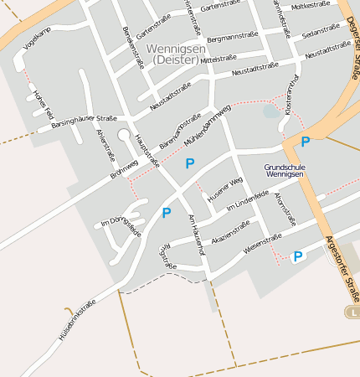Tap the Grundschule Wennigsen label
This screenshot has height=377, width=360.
click(x=285, y=171)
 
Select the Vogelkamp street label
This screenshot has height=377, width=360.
click(x=38, y=42)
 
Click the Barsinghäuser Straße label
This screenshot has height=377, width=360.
click(x=84, y=120)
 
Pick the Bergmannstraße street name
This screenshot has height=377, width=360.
click(x=232, y=38)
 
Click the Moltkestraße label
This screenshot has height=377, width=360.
click(x=309, y=5)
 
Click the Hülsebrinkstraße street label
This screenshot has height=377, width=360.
click(x=77, y=319)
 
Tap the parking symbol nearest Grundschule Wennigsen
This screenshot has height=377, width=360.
click(x=306, y=142)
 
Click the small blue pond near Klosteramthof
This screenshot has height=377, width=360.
click(x=270, y=111)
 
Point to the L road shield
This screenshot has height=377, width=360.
click(x=353, y=312)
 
